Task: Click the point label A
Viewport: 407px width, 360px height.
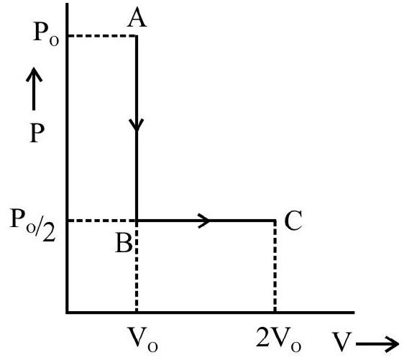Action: (137, 17)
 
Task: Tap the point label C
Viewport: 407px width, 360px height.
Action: (293, 220)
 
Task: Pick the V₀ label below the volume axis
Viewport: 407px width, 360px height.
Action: (142, 339)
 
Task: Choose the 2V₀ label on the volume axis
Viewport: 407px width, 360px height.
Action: (278, 339)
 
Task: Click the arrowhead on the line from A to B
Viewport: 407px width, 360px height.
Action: (137, 125)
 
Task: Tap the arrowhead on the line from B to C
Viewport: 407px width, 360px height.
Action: (203, 221)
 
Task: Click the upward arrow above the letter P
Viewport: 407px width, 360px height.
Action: (34, 88)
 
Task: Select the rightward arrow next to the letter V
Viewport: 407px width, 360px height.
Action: (377, 344)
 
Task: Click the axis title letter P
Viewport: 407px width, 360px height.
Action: (37, 133)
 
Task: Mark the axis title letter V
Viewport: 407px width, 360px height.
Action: (342, 341)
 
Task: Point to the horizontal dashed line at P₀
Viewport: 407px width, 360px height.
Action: (102, 36)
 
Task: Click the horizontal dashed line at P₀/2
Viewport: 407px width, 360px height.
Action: (102, 221)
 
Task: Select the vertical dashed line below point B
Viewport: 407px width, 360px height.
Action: (137, 267)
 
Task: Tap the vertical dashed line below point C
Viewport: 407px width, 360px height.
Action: (275, 266)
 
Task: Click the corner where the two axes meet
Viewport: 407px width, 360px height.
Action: (67, 313)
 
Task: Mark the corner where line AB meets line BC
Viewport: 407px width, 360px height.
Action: (137, 221)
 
